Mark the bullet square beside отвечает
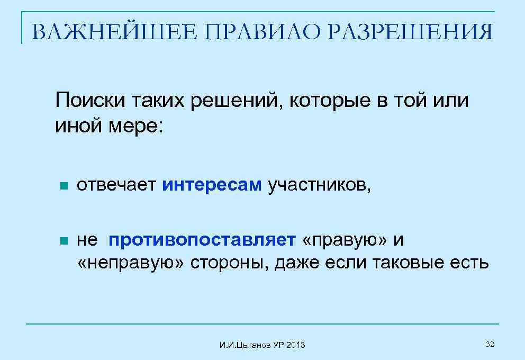[63, 186]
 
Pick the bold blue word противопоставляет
[202, 240]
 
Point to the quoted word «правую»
[345, 240]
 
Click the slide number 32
[490, 345]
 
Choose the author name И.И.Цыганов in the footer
[246, 346]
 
